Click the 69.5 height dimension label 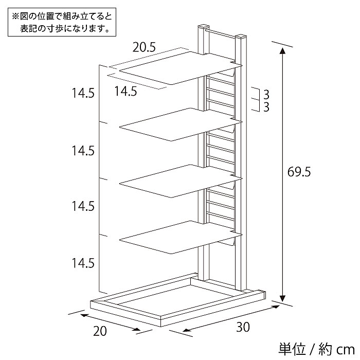tap(299, 172)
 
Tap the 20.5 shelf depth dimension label tap(144, 47)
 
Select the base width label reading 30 tap(243, 327)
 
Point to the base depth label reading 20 tap(100, 331)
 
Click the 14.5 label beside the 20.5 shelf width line tap(125, 91)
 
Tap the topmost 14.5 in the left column tap(83, 93)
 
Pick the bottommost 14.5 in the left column tap(83, 263)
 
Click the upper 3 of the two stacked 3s tap(266, 94)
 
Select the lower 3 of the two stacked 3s tap(266, 107)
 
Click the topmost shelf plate tap(181, 68)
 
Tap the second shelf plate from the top tap(181, 124)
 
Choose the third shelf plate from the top tap(181, 181)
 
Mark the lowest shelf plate tap(181, 238)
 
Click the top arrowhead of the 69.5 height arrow tap(283, 51)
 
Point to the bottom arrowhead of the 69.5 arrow tap(283, 298)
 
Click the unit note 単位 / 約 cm tap(317, 349)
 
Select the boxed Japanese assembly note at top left tap(62, 22)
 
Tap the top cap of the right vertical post tap(241, 37)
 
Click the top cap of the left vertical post tap(204, 26)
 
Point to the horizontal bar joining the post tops tap(222, 33)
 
